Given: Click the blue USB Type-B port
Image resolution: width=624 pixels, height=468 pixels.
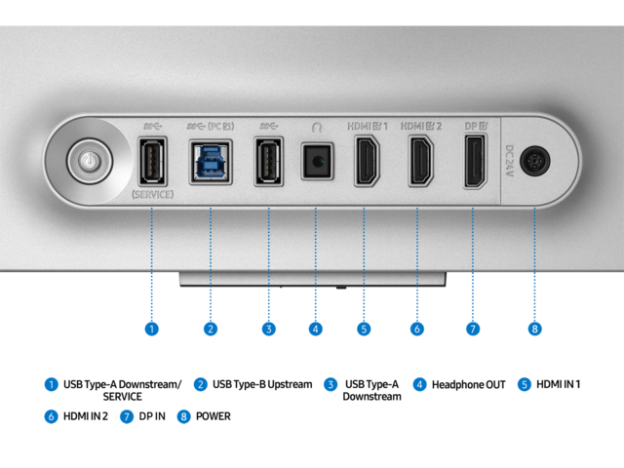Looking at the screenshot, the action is point(211,162).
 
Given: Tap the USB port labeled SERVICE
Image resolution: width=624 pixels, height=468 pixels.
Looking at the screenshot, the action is point(152,161).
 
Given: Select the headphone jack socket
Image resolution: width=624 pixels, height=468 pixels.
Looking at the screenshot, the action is point(317,161).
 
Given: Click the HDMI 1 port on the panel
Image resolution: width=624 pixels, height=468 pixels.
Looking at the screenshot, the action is point(367,161).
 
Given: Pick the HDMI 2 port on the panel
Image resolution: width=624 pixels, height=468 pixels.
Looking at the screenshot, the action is point(420,161).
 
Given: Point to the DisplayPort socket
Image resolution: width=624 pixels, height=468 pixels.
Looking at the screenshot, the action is point(475,161).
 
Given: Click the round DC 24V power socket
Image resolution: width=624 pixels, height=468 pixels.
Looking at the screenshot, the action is point(535,161).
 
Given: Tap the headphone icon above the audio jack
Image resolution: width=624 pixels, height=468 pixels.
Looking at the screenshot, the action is point(316,128).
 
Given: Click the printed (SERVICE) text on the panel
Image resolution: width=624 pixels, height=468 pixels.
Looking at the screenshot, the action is point(152,195).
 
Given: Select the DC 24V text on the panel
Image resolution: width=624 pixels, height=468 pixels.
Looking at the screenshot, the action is point(509,160).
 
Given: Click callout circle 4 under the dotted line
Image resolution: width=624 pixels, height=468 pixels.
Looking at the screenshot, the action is point(316,330).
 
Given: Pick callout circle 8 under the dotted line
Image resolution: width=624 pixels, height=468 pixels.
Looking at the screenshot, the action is point(535,330).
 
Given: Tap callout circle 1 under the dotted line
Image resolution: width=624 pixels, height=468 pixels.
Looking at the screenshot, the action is point(152,330).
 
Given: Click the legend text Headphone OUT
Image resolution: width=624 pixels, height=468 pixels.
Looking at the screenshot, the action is point(468,385).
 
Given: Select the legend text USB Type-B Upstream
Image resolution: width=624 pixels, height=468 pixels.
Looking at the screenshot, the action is point(262,384).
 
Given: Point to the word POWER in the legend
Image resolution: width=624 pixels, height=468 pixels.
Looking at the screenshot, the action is point(214,416).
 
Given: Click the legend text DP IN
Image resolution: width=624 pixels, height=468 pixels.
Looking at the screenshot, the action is point(152,416).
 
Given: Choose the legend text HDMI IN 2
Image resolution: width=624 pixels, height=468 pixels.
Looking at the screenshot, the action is point(86,416).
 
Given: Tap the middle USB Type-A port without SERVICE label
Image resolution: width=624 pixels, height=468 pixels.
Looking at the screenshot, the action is point(269,161).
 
